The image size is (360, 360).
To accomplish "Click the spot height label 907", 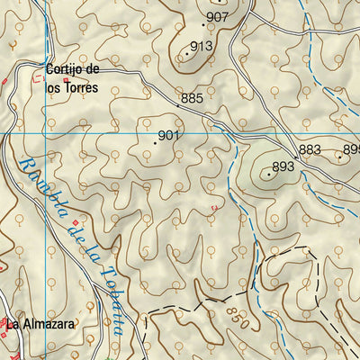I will (217, 17).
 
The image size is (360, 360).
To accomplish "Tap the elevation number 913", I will (202, 47).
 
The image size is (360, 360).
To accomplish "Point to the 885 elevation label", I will (192, 97).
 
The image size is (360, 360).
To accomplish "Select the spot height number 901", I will (169, 136).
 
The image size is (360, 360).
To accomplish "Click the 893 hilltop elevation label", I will (283, 166).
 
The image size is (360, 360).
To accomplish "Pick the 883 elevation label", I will (310, 149).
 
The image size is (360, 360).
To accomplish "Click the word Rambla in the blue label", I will (35, 181).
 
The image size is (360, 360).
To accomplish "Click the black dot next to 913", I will (187, 53).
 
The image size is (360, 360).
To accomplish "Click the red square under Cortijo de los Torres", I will (65, 81).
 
